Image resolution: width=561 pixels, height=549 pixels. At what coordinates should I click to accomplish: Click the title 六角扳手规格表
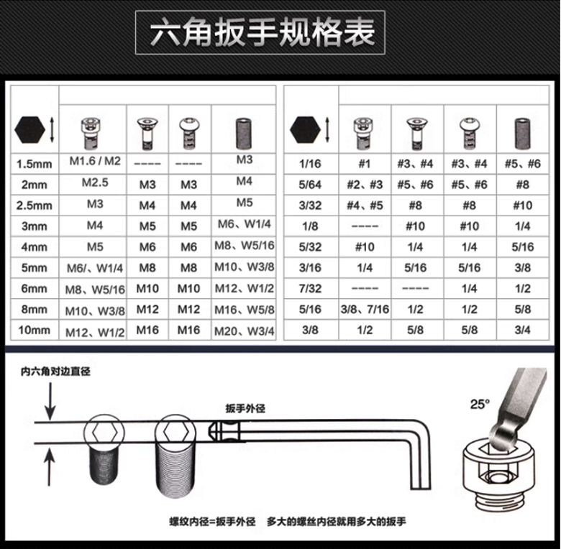[x=263, y=32]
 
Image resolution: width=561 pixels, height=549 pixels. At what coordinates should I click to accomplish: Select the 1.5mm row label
[x=34, y=164]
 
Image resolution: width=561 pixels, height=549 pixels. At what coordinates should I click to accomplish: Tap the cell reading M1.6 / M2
[x=95, y=161]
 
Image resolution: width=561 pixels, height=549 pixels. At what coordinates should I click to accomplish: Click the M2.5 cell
[x=95, y=183]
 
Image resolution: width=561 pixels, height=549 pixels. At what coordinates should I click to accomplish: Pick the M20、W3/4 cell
[x=245, y=331]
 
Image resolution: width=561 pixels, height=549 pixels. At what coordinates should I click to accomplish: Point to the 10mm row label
[x=34, y=330]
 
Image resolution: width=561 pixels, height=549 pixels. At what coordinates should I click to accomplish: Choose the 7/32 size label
[x=310, y=288]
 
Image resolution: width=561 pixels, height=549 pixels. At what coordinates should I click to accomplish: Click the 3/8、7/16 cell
[x=365, y=309]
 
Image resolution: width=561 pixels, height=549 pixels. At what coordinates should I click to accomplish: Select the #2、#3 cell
[x=365, y=185]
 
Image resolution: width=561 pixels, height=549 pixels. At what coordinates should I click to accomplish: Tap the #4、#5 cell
[x=365, y=206]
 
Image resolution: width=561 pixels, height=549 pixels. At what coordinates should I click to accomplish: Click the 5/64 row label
[x=310, y=185]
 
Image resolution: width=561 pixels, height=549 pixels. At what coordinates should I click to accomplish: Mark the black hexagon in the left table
[x=29, y=130]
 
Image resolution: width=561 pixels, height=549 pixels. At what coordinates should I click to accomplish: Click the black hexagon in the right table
[x=305, y=130]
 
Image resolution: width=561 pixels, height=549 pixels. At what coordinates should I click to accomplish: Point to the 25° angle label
[x=480, y=405]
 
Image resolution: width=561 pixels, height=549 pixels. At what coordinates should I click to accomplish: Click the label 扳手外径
[x=245, y=408]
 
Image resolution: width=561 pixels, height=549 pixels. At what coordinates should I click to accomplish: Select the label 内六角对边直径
[x=55, y=372]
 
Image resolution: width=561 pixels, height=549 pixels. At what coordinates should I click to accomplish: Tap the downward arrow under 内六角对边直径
[x=50, y=401]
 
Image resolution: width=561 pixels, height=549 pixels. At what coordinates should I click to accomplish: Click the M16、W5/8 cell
[x=245, y=310]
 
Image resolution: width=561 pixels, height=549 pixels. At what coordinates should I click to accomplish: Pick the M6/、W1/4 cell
[x=95, y=269]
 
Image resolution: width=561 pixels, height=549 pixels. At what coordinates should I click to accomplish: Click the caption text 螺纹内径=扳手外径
[x=212, y=522]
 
